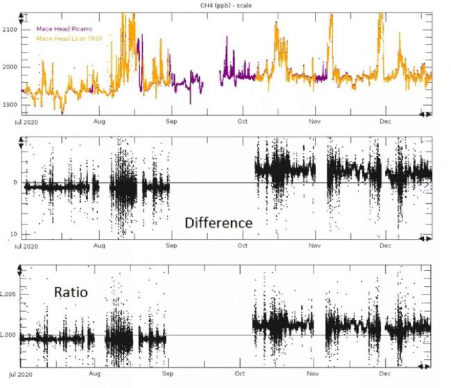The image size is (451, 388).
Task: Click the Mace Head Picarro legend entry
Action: pos(67,28)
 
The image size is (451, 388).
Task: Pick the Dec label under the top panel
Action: pos(386,121)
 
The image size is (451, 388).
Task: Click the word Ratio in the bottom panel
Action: pos(71,292)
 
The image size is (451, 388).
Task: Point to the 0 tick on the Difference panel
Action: pos(15,182)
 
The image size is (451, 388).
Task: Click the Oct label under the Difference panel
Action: pos(244,246)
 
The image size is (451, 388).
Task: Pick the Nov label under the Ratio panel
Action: pos(309,374)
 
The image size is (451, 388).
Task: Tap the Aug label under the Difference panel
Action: pos(100,246)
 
